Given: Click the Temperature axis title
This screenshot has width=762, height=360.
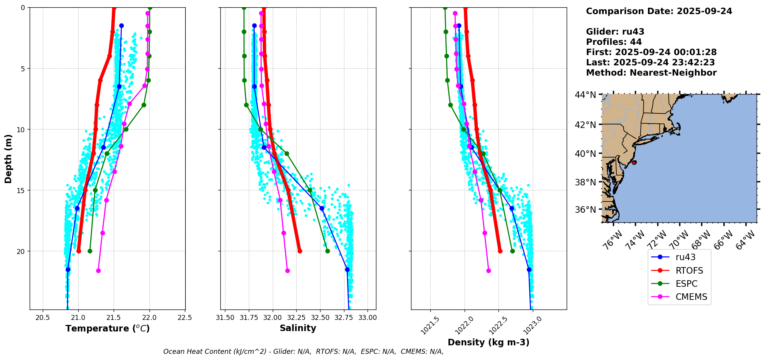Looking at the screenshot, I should [x=107, y=328].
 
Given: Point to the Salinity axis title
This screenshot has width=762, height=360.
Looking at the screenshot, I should [x=298, y=328].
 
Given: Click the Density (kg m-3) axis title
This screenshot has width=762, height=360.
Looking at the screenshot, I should [x=488, y=342].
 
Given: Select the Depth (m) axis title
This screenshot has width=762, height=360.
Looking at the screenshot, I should [x=8, y=159].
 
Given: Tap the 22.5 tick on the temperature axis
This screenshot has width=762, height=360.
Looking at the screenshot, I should [x=185, y=318].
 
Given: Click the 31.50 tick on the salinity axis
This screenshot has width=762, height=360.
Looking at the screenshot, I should [x=225, y=318].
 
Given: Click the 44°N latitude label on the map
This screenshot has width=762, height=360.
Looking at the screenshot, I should [x=585, y=95].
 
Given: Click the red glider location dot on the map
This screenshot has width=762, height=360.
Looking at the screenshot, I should [x=634, y=163].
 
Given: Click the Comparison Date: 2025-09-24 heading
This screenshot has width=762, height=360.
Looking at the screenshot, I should [x=659, y=11].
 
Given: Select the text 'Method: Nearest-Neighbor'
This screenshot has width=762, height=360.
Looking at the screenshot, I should [x=651, y=73].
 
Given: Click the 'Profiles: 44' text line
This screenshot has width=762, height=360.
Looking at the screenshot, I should [x=614, y=42].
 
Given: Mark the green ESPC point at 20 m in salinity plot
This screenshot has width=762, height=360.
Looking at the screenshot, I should [x=327, y=251].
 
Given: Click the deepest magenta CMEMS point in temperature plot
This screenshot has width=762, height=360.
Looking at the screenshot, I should [x=98, y=271].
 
